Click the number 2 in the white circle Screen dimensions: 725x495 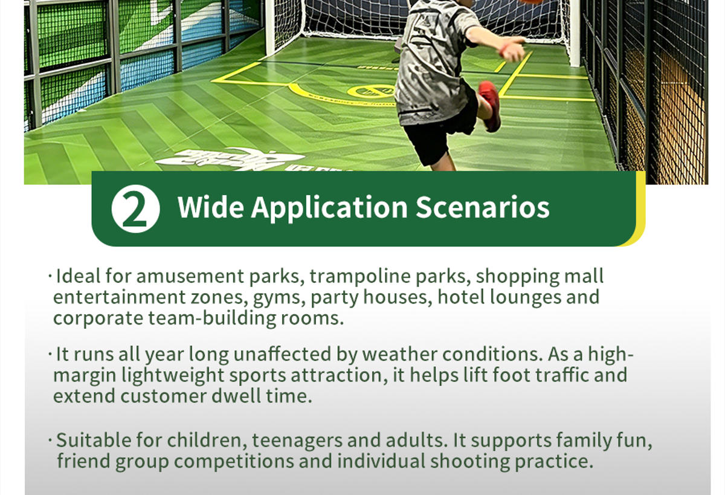click(x=135, y=209)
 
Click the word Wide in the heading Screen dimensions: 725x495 click(x=210, y=207)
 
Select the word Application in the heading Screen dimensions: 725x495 click(x=329, y=208)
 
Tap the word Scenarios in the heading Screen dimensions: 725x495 click(x=483, y=207)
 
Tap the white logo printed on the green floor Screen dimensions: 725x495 click(x=230, y=160)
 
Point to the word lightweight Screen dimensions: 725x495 click(x=173, y=376)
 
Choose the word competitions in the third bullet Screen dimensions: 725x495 click(x=234, y=462)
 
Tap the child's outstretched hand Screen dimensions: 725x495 click(x=514, y=49)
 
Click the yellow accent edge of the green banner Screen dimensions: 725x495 click(x=640, y=207)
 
